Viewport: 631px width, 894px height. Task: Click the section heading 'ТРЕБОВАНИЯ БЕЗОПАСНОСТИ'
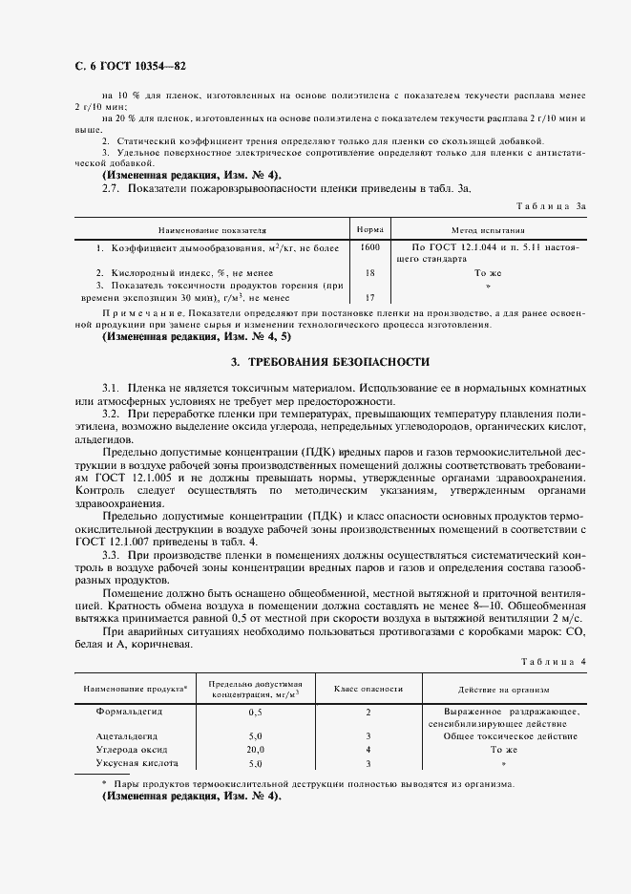[330, 362]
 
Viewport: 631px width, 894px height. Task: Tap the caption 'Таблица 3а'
[557, 205]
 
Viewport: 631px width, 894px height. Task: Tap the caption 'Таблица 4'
[560, 662]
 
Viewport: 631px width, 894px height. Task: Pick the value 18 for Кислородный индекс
[369, 273]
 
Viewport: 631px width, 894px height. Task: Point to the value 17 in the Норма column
[369, 297]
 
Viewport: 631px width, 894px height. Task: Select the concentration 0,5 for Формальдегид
[255, 713]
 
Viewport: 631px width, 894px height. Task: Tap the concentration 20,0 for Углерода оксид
[255, 750]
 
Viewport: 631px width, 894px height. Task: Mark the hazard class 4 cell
[368, 750]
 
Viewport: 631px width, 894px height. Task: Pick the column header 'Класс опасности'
[368, 689]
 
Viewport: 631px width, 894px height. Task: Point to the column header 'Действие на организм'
[510, 689]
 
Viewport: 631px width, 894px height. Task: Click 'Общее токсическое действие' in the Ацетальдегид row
[510, 736]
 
